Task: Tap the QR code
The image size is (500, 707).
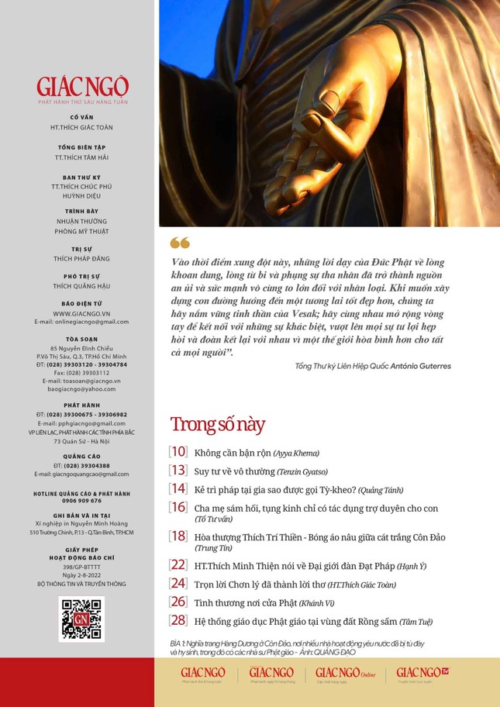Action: (x=81, y=619)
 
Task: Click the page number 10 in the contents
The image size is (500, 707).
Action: (x=178, y=452)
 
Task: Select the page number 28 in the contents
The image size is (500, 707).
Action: (x=178, y=620)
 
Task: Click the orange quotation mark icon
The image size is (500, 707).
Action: (x=179, y=243)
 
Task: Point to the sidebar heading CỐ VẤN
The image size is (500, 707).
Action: (x=81, y=117)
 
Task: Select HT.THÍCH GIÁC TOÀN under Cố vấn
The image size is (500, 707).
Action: (x=81, y=126)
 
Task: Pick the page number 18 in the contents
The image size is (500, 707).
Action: (x=178, y=536)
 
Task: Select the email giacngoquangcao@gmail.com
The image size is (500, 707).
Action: (x=81, y=474)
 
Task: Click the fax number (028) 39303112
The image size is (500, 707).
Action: (x=81, y=372)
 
